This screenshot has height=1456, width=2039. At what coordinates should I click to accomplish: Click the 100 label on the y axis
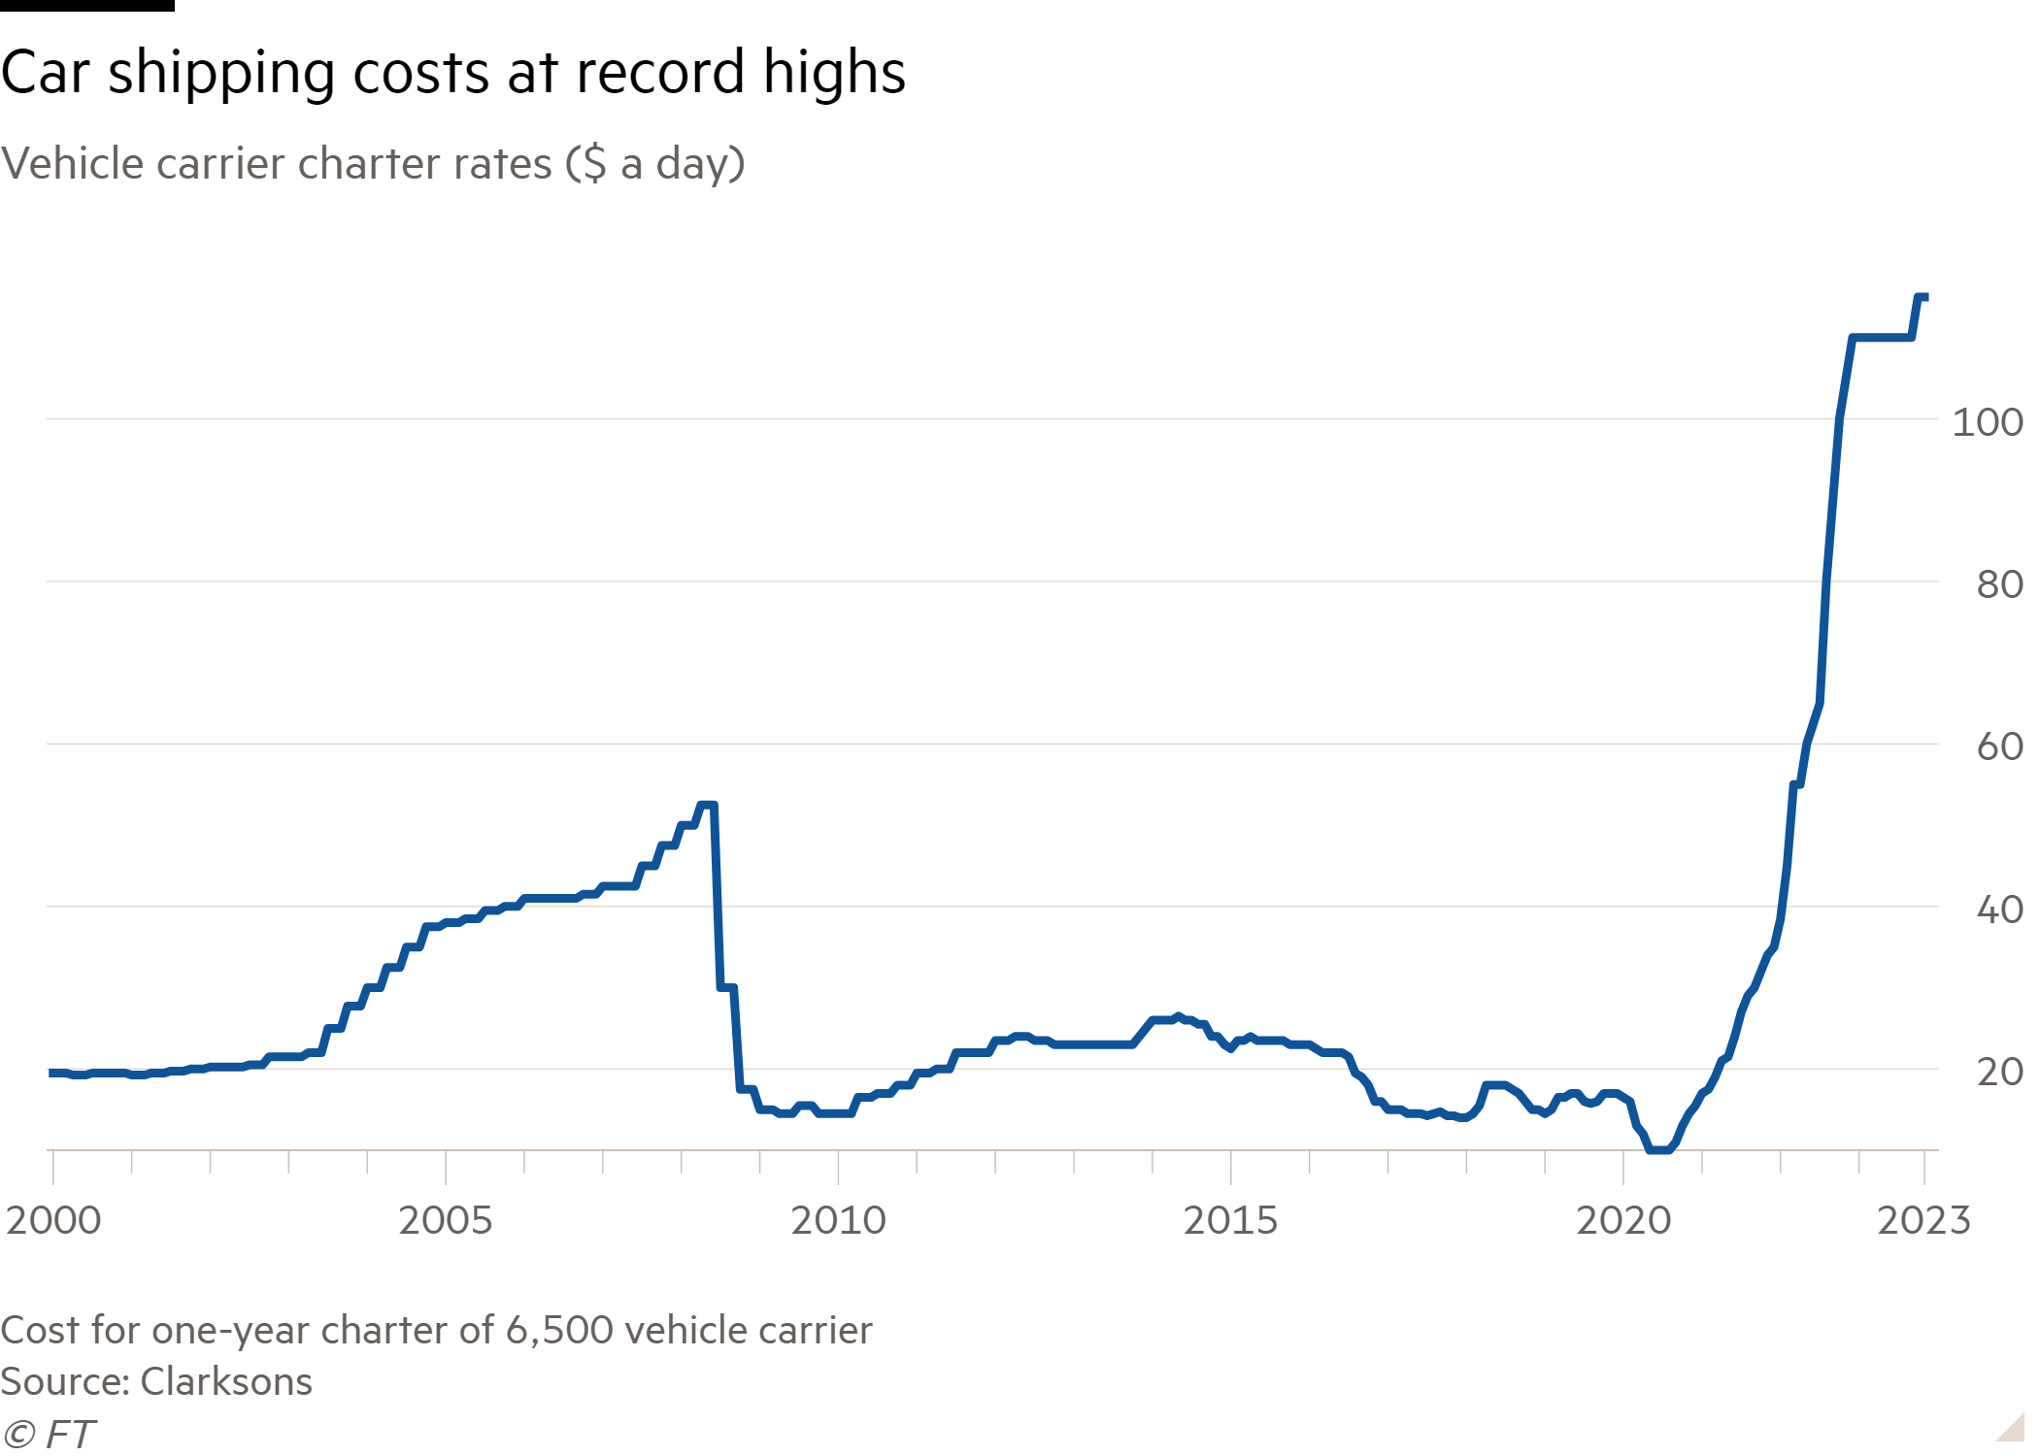1987,422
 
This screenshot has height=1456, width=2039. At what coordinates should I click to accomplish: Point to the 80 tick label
1998,584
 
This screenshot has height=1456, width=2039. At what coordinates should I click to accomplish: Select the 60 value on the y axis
1998,746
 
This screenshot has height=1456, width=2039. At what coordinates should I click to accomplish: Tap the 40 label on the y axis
1998,910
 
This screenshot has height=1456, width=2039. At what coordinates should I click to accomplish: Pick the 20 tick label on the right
1998,1072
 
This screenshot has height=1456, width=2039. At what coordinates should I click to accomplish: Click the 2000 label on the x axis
53,1220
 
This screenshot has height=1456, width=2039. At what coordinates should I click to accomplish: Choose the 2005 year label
445,1220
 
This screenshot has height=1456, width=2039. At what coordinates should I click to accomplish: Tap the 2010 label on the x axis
838,1220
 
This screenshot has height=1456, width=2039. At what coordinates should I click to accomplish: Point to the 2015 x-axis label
1230,1220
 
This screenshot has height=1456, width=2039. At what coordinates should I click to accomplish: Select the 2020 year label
1622,1220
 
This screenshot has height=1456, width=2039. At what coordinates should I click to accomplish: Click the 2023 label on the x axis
1922,1220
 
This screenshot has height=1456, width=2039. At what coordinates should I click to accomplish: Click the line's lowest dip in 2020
1658,1149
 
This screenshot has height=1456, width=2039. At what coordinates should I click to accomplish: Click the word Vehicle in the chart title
74,164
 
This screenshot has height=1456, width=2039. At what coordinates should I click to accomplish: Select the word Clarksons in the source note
226,1381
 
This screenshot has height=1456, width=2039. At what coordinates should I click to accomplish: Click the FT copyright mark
49,1435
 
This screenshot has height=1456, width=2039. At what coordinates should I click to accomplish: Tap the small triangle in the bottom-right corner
2012,1428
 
